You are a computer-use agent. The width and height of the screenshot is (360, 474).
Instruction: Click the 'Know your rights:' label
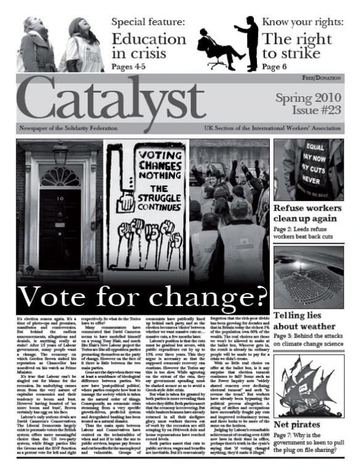pyautogui.click(x=303, y=23)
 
